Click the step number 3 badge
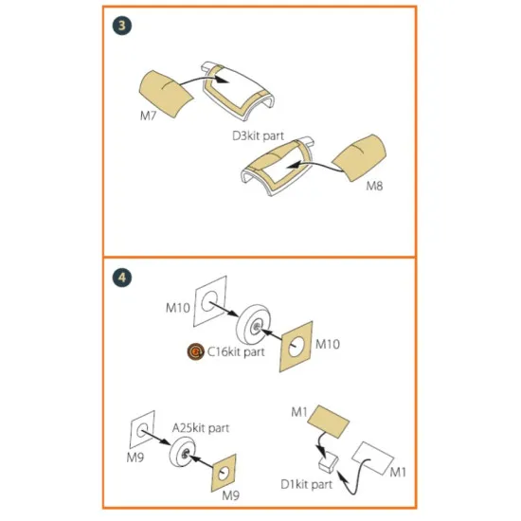click(122, 26)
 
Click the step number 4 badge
click(122, 278)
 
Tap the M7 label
click(148, 116)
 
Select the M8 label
click(374, 186)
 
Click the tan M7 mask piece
click(165, 94)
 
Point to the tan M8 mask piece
click(360, 157)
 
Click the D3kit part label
click(259, 135)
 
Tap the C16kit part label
click(236, 351)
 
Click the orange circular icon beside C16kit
click(196, 351)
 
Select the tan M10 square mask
click(296, 347)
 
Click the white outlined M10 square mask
click(209, 301)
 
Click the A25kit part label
click(201, 428)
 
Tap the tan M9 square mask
click(224, 473)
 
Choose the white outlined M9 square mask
click(142, 430)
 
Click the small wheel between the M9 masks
click(183, 452)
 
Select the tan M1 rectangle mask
click(329, 422)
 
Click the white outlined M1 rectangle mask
click(373, 458)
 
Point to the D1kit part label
click(306, 484)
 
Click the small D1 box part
click(329, 463)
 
